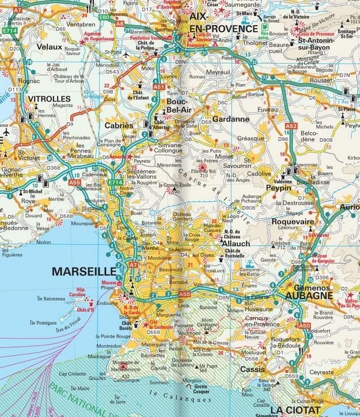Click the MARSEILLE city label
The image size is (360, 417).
[85, 272]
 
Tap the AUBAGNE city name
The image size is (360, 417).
[309, 296]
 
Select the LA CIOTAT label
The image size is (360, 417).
[296, 410]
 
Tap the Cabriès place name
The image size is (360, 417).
[119, 126]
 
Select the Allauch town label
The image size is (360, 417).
[236, 243]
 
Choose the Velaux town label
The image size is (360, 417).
[49, 46]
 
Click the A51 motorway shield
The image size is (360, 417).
[158, 86]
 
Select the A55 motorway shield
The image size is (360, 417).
[74, 183]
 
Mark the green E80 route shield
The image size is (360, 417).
[104, 18]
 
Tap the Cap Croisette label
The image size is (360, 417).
[73, 374]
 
